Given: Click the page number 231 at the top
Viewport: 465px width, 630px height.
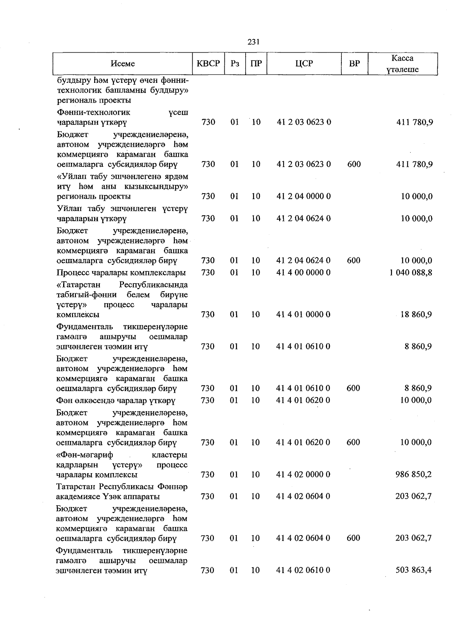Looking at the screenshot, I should pos(253,42).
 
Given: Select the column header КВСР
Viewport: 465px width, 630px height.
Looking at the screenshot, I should pos(208,64).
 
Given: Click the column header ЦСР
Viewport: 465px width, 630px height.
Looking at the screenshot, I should pos(304,64).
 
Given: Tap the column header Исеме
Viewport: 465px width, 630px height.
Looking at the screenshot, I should pos(122,64).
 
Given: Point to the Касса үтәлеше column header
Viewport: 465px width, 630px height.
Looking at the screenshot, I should pos(402,64).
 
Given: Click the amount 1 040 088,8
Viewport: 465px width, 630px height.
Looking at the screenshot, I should pos(411,272).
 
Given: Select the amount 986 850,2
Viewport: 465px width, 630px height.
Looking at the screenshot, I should pos(413,474).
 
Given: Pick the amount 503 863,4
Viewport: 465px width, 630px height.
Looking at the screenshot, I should pos(413,570).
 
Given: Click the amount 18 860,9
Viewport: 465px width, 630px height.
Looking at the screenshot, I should pos(416,314).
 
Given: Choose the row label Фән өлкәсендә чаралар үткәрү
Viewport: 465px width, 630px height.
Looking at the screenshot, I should pos(115,400).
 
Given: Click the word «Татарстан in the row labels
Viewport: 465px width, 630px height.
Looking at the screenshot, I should pos(78,285).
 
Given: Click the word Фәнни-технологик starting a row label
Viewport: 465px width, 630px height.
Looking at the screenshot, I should pos(93,112).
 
